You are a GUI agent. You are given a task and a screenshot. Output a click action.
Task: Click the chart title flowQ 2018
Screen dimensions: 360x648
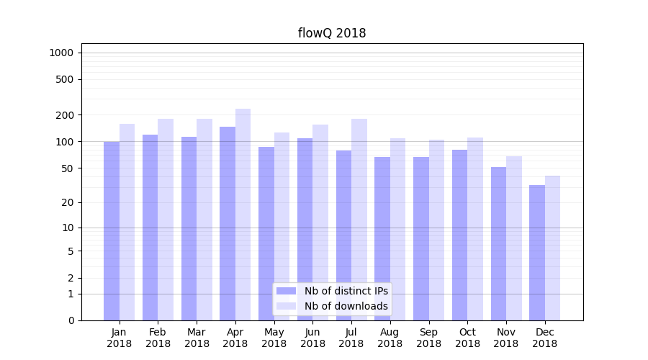click(332, 33)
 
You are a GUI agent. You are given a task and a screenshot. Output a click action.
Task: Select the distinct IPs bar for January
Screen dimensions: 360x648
click(112, 230)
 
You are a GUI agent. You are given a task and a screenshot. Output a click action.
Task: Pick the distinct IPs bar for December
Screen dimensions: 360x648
click(537, 252)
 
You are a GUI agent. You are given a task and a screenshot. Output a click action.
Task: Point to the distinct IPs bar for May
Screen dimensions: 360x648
click(266, 233)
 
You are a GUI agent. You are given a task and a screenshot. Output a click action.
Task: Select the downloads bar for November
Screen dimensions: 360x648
click(513, 238)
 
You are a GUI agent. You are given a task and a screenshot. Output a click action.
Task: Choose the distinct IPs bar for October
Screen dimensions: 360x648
click(459, 235)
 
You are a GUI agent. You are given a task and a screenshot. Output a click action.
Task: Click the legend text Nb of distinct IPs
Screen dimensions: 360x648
click(346, 291)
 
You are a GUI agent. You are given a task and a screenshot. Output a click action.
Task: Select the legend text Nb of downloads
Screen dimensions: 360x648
click(346, 306)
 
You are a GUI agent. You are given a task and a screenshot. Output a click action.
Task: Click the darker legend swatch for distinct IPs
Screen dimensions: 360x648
click(286, 291)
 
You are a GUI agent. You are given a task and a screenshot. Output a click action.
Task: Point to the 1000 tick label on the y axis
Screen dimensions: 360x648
click(61, 53)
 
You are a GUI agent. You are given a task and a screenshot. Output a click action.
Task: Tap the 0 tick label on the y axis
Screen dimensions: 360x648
click(71, 320)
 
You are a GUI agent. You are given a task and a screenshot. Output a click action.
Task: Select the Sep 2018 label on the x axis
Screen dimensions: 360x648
click(428, 338)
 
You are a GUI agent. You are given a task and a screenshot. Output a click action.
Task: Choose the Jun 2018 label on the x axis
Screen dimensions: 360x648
click(312, 338)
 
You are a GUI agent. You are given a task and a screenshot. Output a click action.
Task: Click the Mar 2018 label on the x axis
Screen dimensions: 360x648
click(197, 338)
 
